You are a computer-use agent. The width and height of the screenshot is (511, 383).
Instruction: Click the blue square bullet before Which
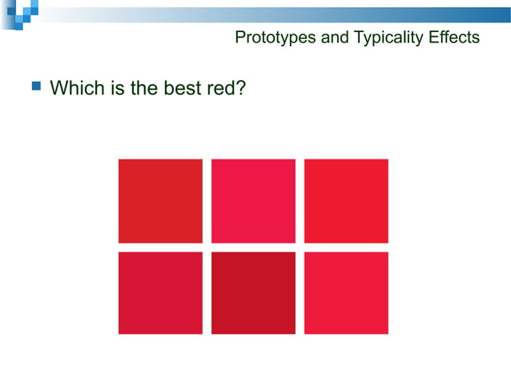point(35,85)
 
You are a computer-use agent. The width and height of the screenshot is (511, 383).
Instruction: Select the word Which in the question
point(77,87)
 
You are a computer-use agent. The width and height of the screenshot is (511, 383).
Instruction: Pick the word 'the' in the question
point(144,87)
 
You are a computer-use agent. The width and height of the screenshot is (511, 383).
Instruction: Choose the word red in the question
point(221,87)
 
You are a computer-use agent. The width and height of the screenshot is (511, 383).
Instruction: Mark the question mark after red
point(239,87)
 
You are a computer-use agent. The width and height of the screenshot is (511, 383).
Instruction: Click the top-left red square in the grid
point(160,201)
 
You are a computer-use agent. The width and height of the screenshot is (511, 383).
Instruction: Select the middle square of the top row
point(253,201)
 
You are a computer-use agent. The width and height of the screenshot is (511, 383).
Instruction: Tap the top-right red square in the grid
point(346,201)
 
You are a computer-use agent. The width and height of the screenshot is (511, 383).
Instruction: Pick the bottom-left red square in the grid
point(160,292)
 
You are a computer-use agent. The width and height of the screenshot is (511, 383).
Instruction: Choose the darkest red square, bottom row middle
point(253,292)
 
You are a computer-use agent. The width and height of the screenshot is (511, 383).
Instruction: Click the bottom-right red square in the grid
point(346,292)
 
